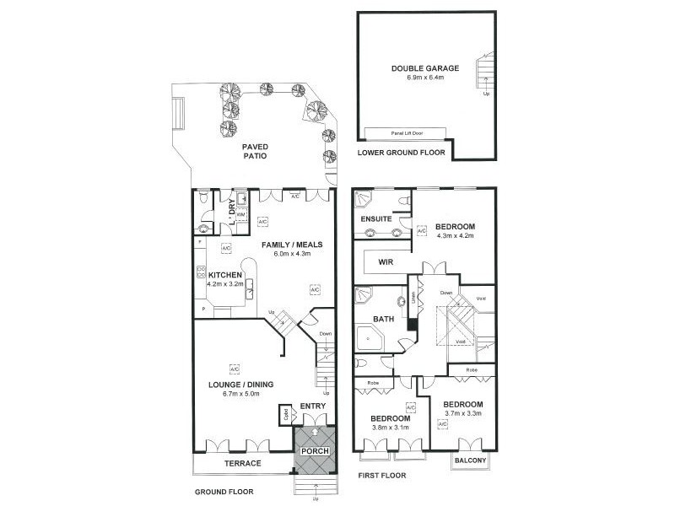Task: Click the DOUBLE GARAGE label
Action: point(418,68)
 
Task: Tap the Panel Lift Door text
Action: point(406,132)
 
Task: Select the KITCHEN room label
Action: point(225,275)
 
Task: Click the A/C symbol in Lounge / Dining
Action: point(234,368)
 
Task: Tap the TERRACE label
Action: point(242,464)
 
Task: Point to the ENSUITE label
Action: point(375,219)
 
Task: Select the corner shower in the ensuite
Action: point(363,200)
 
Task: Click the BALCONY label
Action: point(469,460)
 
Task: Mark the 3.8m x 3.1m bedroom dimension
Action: point(389,428)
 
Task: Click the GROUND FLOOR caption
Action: point(224,492)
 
